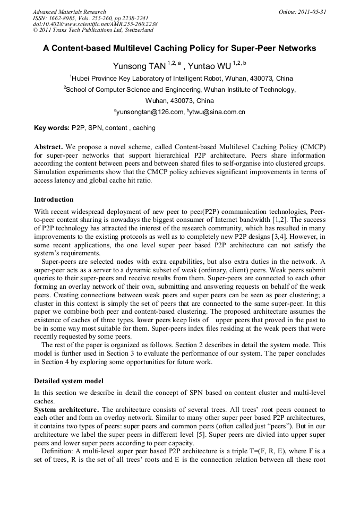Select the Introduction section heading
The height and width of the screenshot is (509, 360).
pos(54,200)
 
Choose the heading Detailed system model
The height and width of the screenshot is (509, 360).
pos(68,381)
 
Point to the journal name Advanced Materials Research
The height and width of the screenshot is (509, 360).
pos(70,12)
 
